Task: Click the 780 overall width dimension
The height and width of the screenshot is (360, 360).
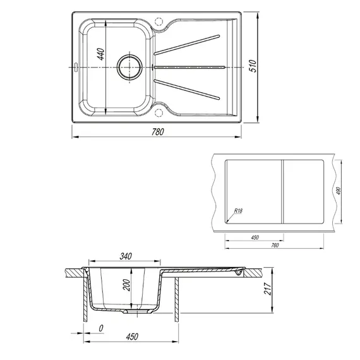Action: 158,131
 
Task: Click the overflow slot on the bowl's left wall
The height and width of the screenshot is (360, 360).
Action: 75,66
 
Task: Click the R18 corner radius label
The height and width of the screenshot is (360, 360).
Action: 239,210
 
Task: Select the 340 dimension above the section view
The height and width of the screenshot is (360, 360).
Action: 125,256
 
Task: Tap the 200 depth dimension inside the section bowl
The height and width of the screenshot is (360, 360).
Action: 126,285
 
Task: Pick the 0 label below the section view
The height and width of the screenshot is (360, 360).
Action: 101,329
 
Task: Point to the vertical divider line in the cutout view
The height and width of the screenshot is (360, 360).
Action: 282,192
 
